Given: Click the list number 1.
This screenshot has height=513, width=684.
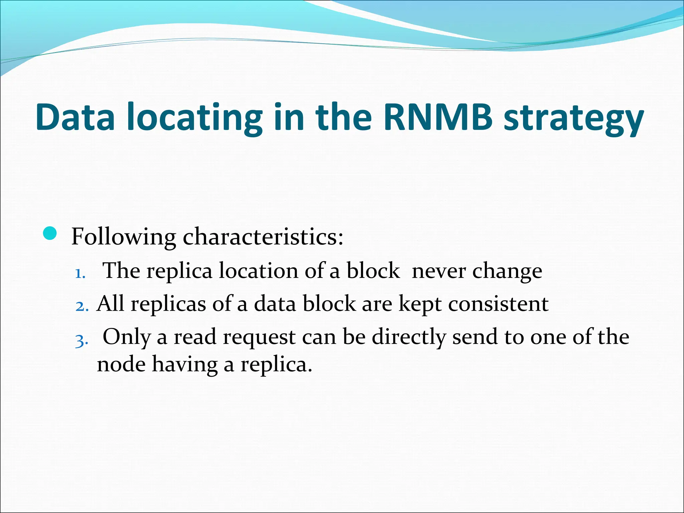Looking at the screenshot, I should click(80, 274).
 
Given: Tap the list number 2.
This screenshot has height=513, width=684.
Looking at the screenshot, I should click(81, 307).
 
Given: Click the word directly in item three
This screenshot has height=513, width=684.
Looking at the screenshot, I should click(409, 337).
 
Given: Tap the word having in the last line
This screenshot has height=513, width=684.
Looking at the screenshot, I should click(185, 364).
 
